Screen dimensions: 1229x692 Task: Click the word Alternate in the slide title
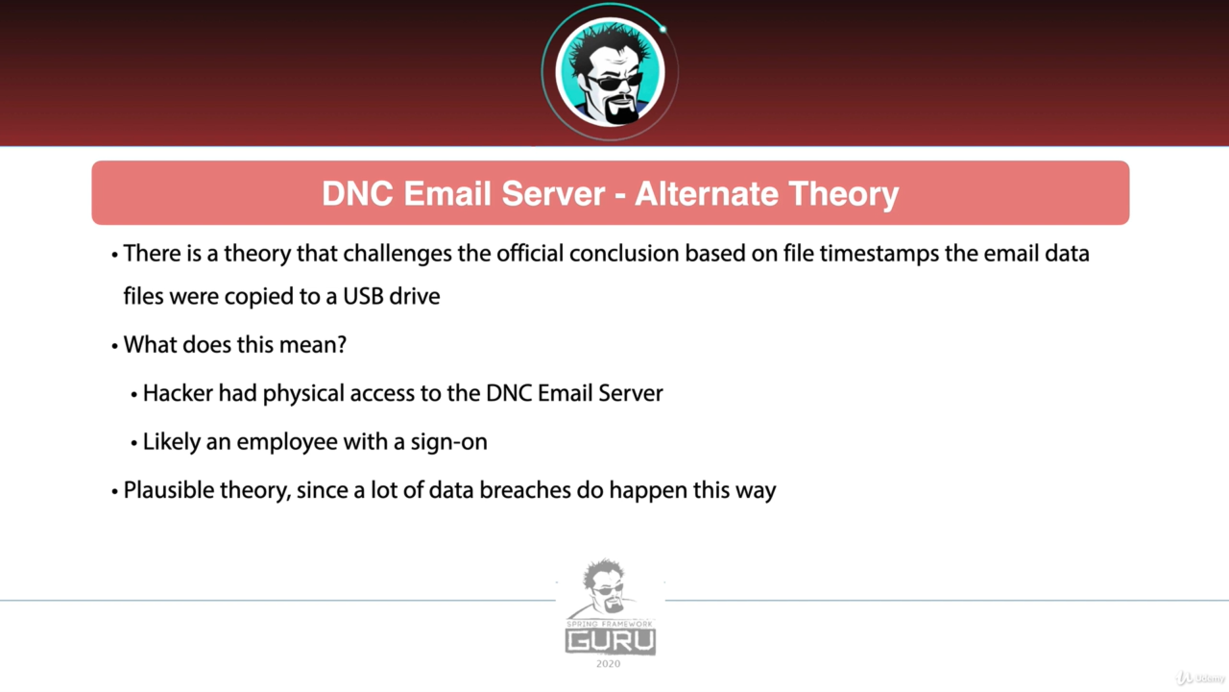(x=707, y=193)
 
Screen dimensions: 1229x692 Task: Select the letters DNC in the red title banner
(x=358, y=193)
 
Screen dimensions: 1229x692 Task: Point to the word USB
(x=363, y=297)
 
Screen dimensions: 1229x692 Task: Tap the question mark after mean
(x=341, y=345)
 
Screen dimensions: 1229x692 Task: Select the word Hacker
(x=178, y=394)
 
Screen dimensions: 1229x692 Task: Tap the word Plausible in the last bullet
(x=169, y=490)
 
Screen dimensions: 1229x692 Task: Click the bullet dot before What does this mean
(x=114, y=347)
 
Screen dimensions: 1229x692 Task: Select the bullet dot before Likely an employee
(x=133, y=443)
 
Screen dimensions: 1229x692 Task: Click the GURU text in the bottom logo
(x=611, y=641)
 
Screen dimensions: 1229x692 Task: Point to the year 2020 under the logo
(x=609, y=664)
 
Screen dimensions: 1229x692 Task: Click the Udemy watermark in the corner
(x=1200, y=679)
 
